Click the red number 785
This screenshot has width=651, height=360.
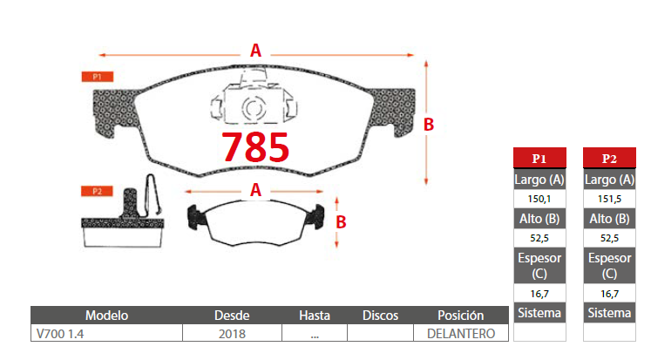(255, 146)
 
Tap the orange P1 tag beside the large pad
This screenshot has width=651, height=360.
(97, 77)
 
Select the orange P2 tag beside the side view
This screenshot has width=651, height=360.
(97, 191)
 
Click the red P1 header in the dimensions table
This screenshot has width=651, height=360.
(539, 158)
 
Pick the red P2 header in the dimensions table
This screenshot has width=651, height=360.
(609, 158)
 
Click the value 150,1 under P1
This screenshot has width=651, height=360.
(539, 199)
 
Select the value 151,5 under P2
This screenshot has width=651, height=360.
(609, 199)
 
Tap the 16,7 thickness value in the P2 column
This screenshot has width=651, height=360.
(609, 294)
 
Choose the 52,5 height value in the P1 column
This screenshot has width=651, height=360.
(539, 238)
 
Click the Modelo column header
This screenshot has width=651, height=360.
(106, 316)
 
